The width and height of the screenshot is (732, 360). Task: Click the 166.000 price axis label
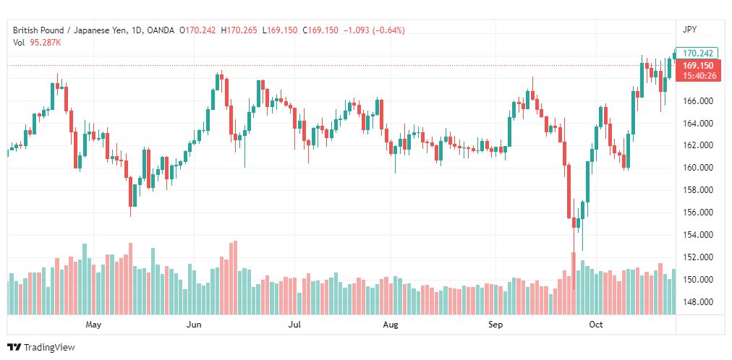point(699,100)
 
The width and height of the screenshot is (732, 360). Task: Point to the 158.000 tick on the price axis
point(699,190)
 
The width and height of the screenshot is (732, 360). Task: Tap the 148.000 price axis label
point(699,302)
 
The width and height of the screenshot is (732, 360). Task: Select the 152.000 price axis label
point(699,257)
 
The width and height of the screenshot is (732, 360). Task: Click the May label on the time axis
point(93,325)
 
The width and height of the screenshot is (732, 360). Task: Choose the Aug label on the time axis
point(391,325)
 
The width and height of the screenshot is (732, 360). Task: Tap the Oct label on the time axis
point(596,325)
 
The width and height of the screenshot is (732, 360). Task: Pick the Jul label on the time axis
point(294,325)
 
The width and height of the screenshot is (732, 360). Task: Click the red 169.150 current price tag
point(697,66)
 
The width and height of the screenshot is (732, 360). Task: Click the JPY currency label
point(689,30)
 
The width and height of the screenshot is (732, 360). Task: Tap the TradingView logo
point(41,347)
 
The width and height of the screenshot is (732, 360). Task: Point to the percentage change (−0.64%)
point(388,30)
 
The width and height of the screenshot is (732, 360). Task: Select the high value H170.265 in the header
point(239,30)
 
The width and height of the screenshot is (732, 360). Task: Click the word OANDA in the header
point(160,30)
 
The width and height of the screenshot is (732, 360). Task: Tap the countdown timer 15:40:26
point(699,75)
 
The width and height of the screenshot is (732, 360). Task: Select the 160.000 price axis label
point(699,168)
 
